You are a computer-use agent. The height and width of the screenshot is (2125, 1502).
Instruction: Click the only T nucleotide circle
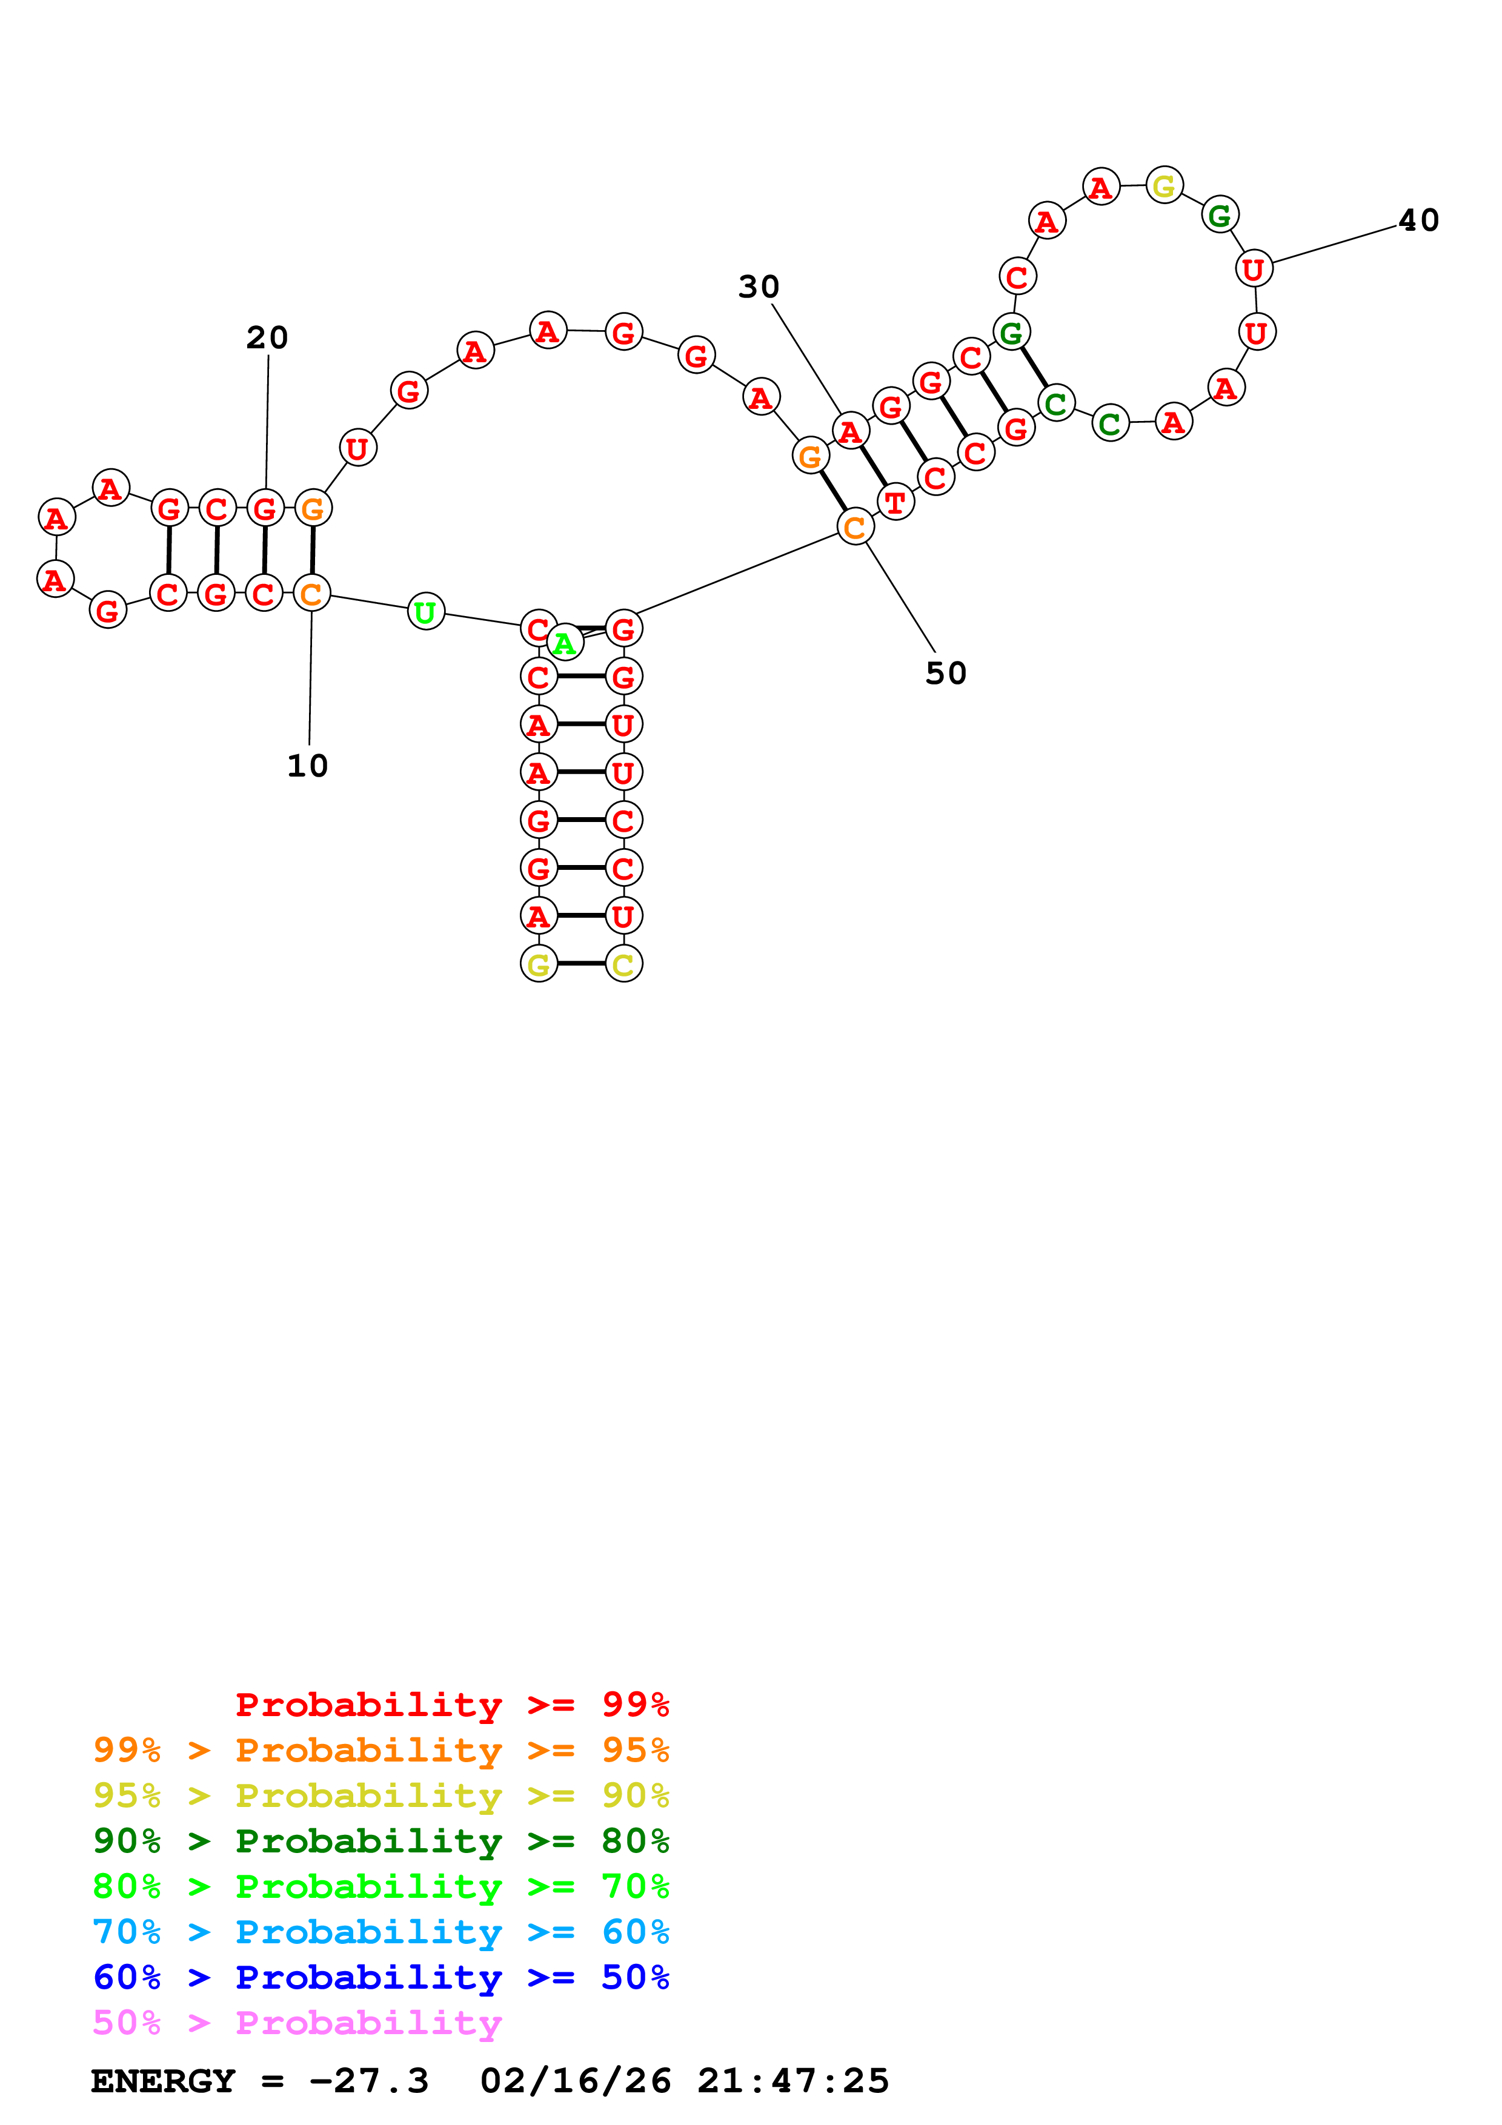click(x=895, y=503)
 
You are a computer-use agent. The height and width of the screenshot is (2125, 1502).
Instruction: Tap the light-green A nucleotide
click(x=565, y=642)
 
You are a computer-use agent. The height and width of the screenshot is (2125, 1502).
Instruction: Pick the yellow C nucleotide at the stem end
click(x=623, y=964)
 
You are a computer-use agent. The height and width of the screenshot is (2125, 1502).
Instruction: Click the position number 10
click(x=307, y=766)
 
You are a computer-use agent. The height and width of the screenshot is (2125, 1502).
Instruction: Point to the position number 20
click(x=267, y=338)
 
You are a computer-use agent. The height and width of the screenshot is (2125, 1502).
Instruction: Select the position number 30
click(x=759, y=287)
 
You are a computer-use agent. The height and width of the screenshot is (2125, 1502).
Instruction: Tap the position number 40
click(x=1418, y=220)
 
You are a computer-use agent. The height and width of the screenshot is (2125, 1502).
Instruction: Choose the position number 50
click(x=946, y=673)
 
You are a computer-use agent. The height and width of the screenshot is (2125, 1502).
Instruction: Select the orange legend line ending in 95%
click(x=381, y=1749)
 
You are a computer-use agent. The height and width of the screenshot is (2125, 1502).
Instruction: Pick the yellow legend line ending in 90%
click(x=381, y=1795)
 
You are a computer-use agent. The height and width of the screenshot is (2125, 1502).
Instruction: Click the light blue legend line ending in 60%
click(x=381, y=1932)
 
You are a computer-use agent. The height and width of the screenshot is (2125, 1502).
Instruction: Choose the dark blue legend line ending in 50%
click(x=381, y=1977)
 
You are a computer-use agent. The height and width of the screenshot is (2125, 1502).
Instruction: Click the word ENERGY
click(x=163, y=2081)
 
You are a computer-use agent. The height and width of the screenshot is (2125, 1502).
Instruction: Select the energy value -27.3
click(x=369, y=2081)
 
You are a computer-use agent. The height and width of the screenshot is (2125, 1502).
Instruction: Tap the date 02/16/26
click(x=576, y=2081)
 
